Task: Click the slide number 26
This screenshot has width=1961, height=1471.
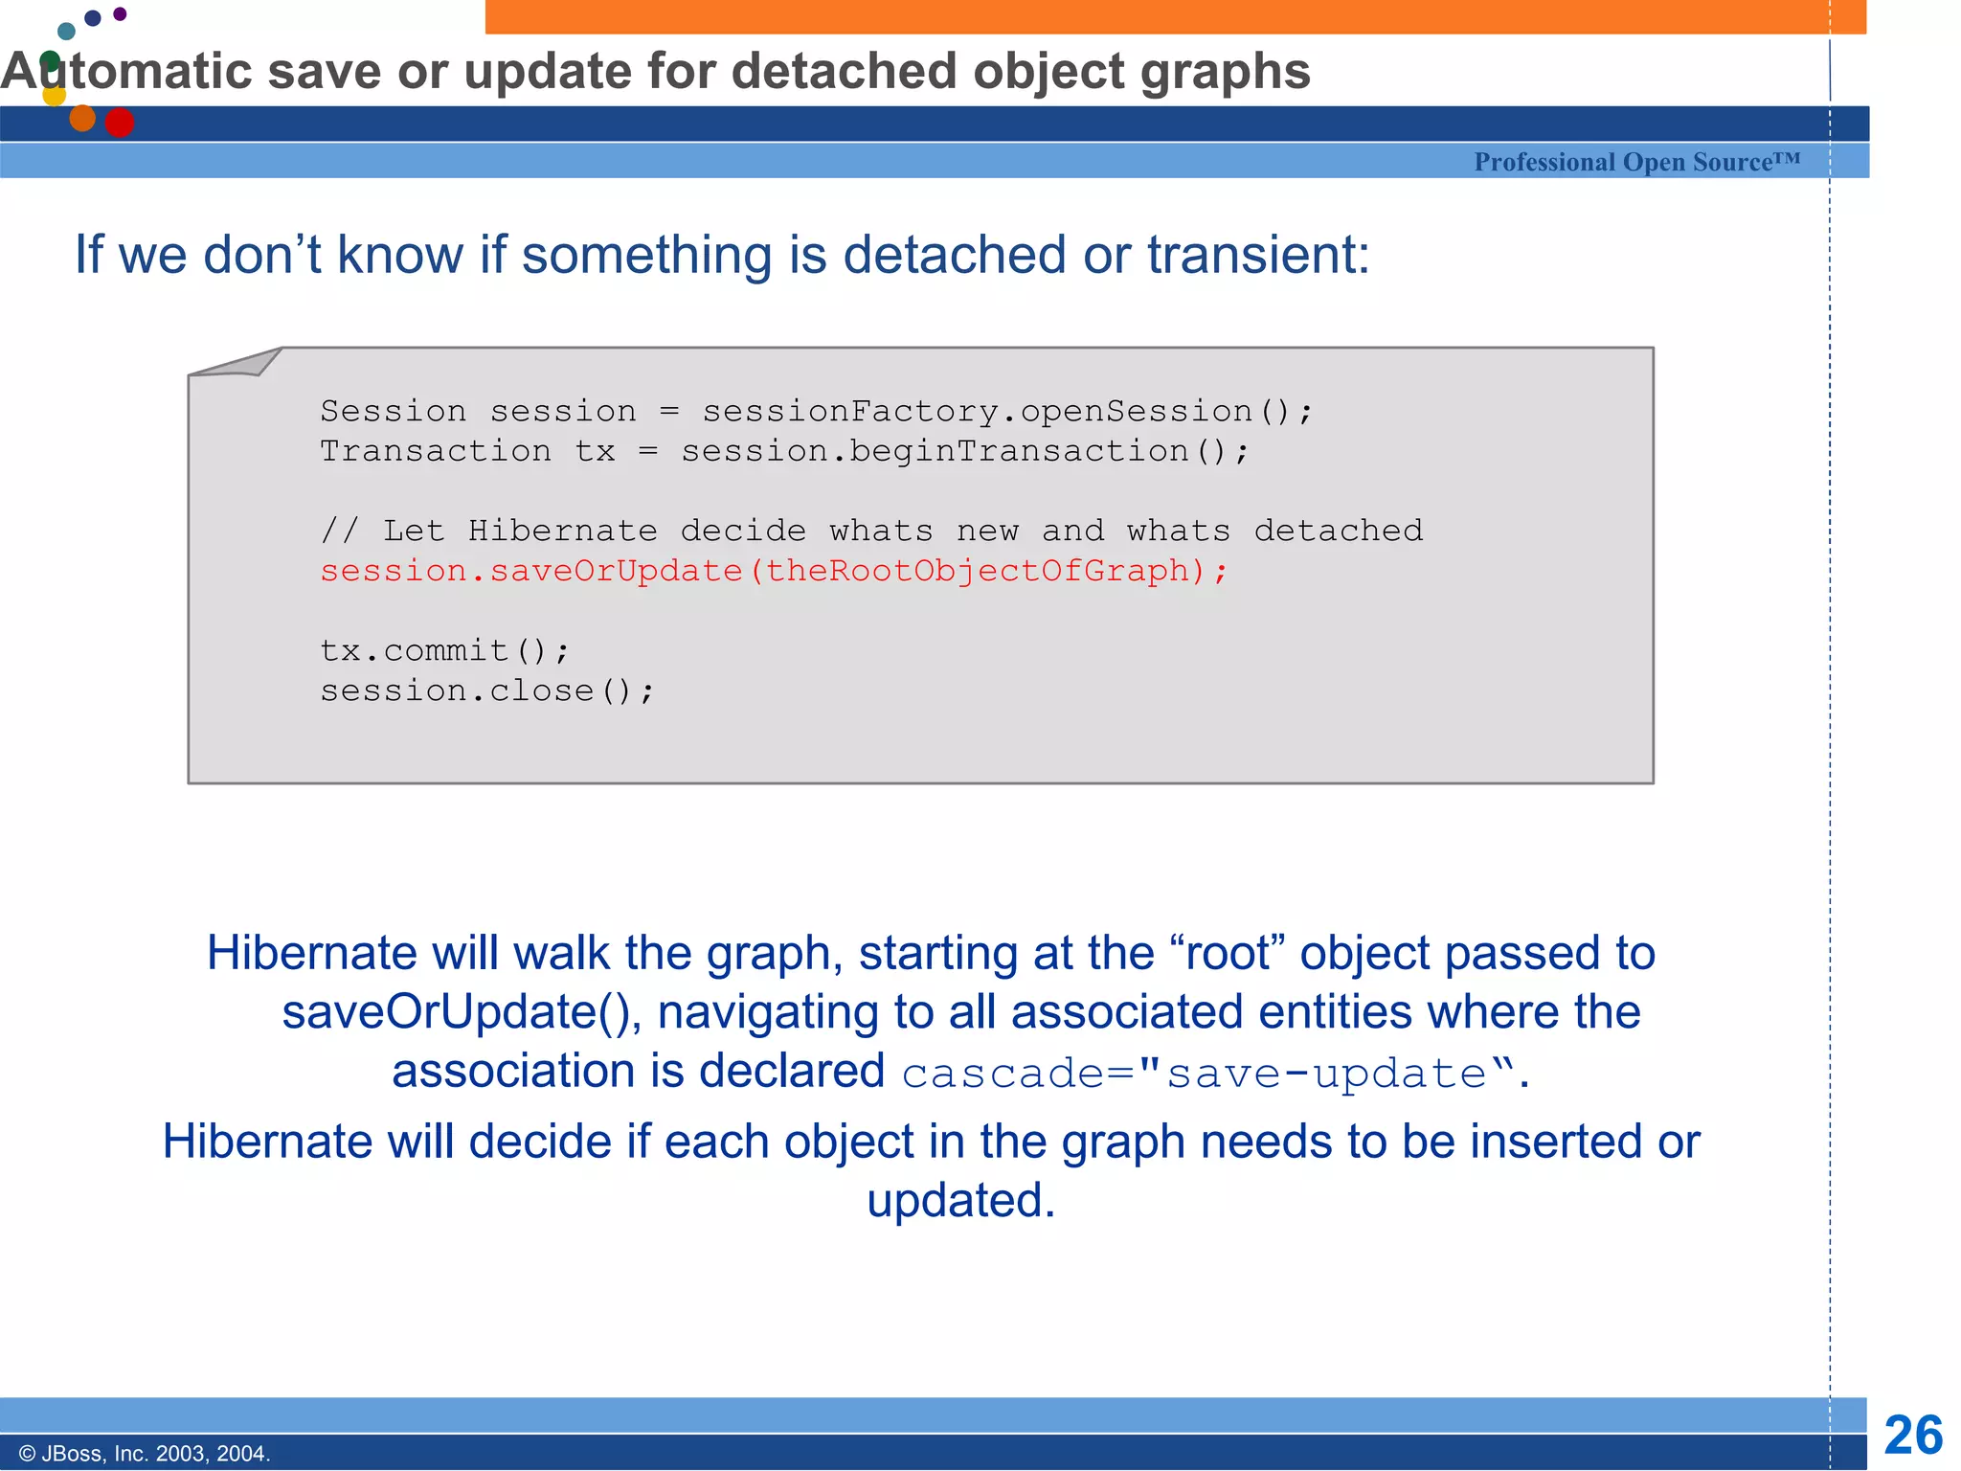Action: coord(1912,1436)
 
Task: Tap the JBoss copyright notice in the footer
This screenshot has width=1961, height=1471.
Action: coord(145,1454)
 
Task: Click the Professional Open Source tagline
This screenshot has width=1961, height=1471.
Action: coord(1636,162)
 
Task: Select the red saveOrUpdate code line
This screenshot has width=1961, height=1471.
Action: coord(774,571)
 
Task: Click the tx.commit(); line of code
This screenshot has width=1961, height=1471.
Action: coord(444,651)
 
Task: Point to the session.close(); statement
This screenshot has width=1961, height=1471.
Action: coord(487,690)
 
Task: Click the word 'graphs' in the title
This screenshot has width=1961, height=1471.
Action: coord(1226,72)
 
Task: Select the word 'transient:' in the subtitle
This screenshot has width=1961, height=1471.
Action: coord(1258,256)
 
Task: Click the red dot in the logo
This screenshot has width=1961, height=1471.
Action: coord(120,123)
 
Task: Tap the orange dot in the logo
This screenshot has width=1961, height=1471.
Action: coord(82,118)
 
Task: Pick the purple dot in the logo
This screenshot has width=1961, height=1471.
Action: coord(120,13)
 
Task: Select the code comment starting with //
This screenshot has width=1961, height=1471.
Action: coord(871,531)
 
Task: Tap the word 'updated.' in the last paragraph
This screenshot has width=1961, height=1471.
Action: coord(961,1201)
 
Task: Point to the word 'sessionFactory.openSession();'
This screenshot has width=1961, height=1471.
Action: coord(1007,411)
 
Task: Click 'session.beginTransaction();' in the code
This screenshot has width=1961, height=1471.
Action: coord(965,451)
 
